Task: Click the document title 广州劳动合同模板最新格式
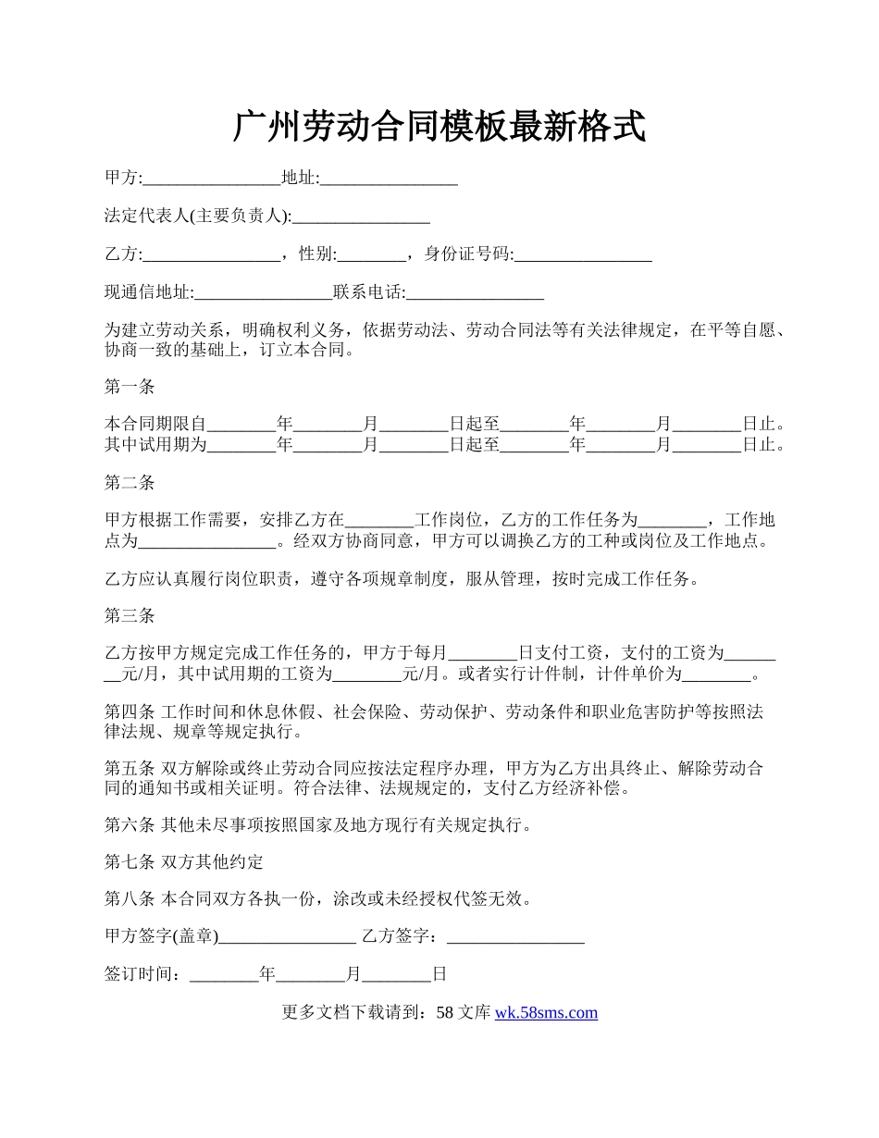[x=439, y=127]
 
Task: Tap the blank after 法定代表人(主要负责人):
[x=361, y=218]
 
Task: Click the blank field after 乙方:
[x=212, y=256]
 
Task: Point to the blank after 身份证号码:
[x=583, y=256]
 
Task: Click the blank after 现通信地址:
[x=264, y=294]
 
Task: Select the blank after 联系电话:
[x=475, y=294]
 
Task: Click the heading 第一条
[x=130, y=387]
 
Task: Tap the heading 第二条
[x=130, y=482]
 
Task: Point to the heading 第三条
[x=130, y=615]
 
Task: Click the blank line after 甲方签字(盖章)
[x=288, y=938]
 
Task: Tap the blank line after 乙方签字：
[x=515, y=938]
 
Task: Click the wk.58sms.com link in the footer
[x=546, y=1012]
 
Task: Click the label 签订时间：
[x=146, y=974]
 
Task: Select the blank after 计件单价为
[x=716, y=675]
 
